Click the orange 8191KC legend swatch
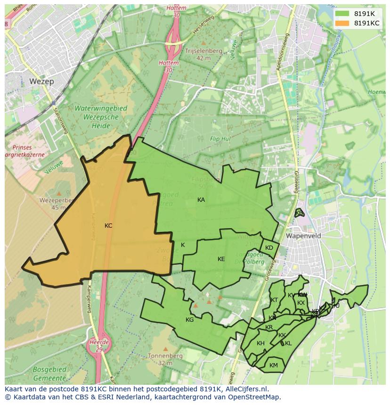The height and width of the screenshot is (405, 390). [342, 23]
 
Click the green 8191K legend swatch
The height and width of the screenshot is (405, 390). [342, 14]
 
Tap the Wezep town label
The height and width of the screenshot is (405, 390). [41, 81]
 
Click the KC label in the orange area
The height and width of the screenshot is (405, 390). [108, 226]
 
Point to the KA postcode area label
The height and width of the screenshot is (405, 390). [201, 200]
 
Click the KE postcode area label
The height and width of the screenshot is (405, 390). [221, 259]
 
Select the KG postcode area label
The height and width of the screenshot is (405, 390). [190, 320]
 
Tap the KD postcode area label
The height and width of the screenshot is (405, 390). [269, 248]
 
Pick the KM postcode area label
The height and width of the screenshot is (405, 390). [274, 365]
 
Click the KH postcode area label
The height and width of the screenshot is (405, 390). [260, 343]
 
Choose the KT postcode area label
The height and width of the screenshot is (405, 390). [274, 300]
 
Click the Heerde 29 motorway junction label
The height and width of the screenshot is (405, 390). [99, 345]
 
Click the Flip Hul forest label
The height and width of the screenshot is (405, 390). [220, 139]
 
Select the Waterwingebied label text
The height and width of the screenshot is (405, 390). [100, 108]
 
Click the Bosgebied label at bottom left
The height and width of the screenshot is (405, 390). [49, 370]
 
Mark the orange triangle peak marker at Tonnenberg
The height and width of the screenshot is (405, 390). [165, 349]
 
